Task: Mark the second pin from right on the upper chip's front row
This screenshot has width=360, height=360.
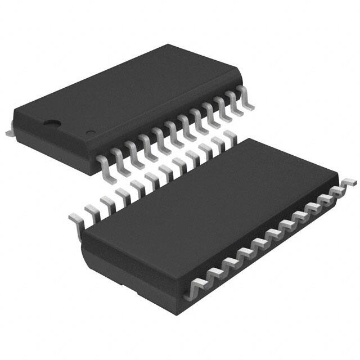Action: [x=232, y=101]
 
